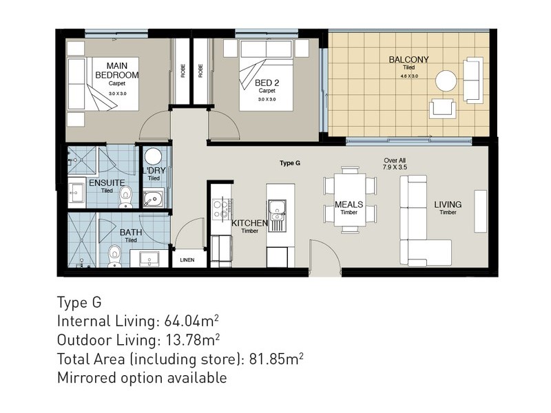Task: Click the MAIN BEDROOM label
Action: (x=117, y=70)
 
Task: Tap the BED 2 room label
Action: (x=267, y=83)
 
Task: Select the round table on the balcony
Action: (x=446, y=81)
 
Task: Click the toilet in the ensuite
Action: (x=125, y=197)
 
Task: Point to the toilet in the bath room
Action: (x=114, y=256)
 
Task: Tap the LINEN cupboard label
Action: (x=187, y=260)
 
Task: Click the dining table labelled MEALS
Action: (x=349, y=200)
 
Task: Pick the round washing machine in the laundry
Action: (x=153, y=157)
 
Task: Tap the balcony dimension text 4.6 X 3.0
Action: (x=409, y=76)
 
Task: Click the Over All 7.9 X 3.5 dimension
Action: (x=395, y=164)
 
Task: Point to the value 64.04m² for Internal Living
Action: (x=192, y=321)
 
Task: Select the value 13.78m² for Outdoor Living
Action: (x=193, y=340)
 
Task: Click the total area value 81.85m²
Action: (x=277, y=359)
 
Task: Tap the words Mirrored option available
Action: (x=142, y=378)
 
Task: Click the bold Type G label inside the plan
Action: (x=290, y=163)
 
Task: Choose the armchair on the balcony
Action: (x=442, y=108)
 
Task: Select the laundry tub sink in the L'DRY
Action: (x=153, y=198)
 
